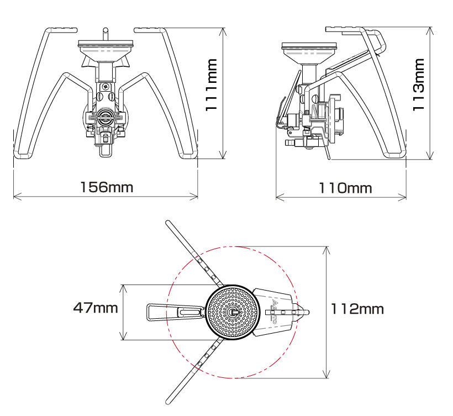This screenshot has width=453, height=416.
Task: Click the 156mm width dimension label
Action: (x=107, y=187)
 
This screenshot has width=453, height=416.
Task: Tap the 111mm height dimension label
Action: (x=211, y=85)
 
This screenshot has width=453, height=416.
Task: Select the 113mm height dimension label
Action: (x=419, y=85)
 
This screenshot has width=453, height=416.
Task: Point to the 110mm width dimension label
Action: (x=345, y=188)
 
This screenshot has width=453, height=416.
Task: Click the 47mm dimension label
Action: (x=96, y=308)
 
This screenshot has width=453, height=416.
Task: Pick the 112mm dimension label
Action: (x=357, y=309)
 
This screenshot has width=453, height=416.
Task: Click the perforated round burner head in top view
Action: (x=233, y=312)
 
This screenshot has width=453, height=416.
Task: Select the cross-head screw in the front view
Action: (x=104, y=86)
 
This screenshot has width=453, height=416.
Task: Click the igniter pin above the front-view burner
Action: (x=106, y=34)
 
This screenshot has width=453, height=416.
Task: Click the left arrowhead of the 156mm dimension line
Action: (x=17, y=196)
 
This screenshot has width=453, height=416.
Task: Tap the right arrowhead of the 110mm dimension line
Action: (x=403, y=197)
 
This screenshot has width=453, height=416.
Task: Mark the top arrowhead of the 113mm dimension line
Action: (x=430, y=30)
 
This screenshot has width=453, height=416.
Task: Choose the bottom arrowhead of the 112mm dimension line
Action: (x=326, y=374)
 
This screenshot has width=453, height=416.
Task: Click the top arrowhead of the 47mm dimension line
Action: (x=123, y=288)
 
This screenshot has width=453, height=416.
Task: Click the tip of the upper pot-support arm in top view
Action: (x=168, y=223)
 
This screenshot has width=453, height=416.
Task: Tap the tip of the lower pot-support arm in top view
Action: (x=168, y=402)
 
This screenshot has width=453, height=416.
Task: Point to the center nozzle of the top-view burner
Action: (x=233, y=312)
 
